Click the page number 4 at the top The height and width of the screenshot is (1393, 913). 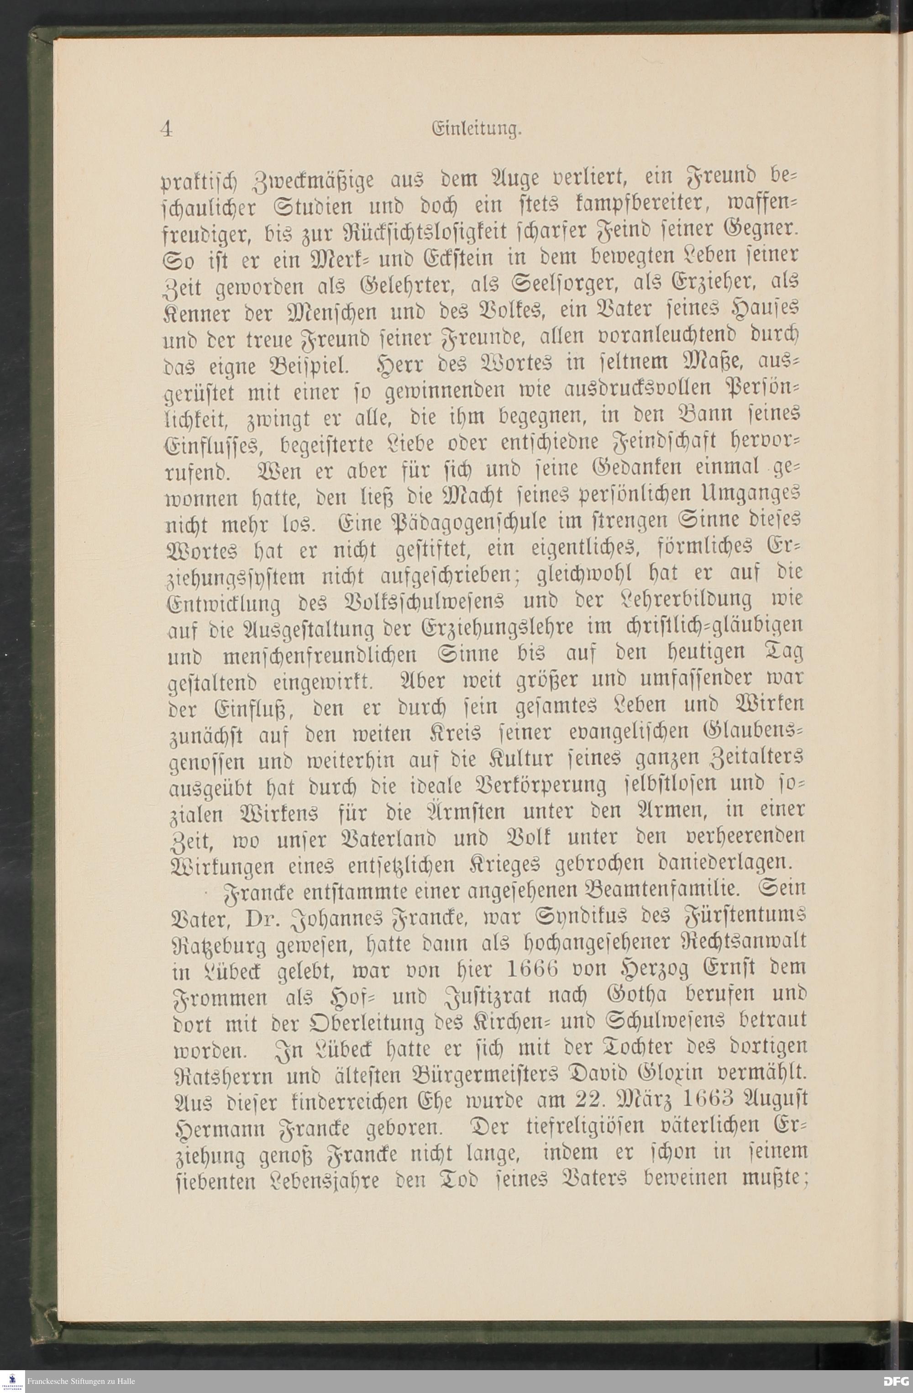tap(166, 129)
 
